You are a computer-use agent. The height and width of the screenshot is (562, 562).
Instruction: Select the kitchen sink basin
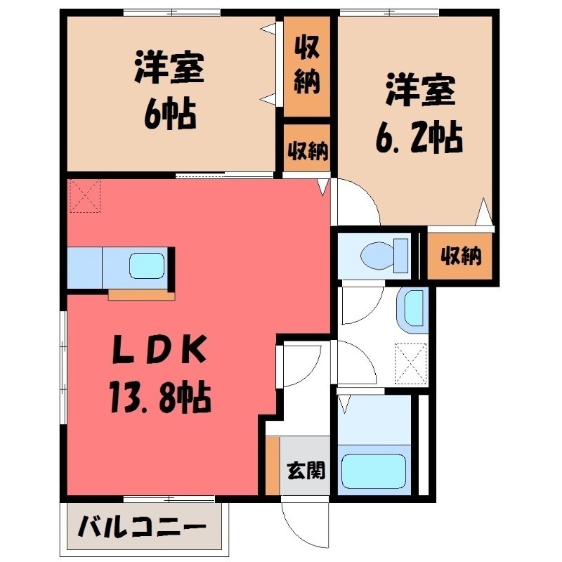[147, 266]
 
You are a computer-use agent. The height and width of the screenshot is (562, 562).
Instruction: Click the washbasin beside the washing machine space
[413, 309]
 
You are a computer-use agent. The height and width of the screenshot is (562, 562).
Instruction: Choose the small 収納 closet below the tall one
[307, 150]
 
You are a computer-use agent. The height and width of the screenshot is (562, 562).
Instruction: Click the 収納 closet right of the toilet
[460, 256]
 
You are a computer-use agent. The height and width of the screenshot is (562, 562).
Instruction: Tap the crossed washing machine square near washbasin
[410, 360]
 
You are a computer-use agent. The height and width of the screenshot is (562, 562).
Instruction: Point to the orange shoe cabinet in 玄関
[273, 465]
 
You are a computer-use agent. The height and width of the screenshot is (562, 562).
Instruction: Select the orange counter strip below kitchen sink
[141, 295]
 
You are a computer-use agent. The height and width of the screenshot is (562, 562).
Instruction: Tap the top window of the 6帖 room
[171, 13]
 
